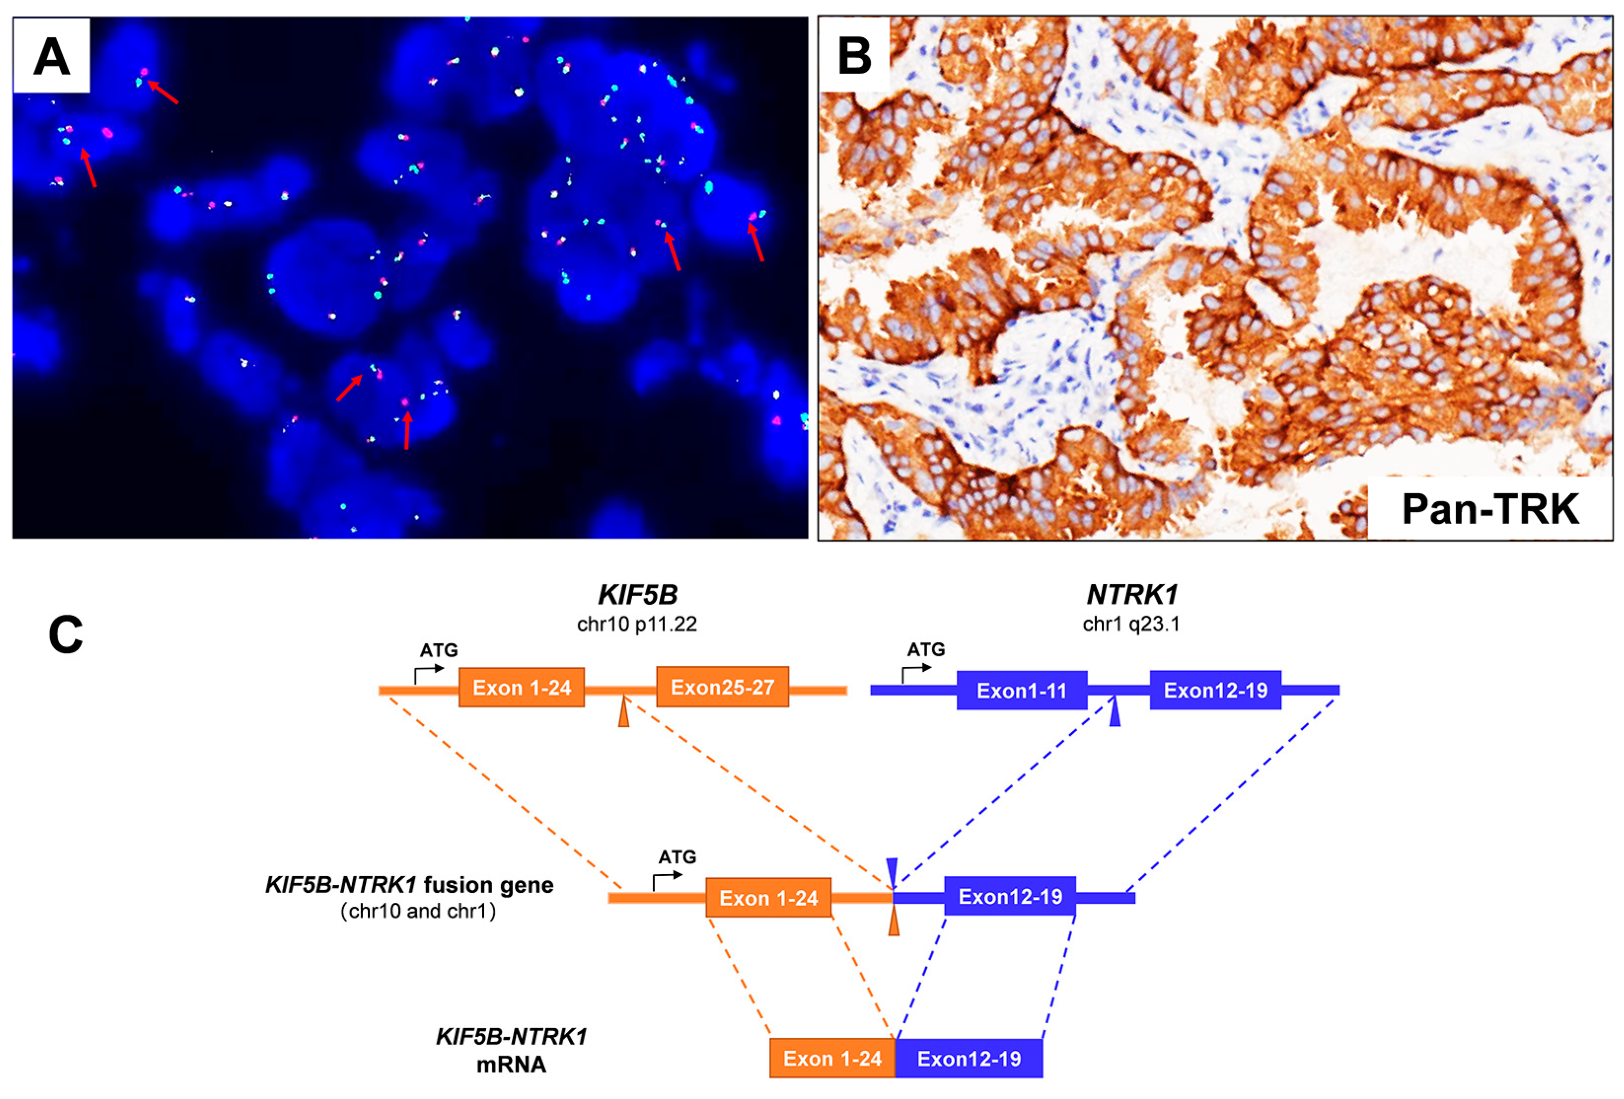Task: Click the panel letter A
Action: pyautogui.click(x=51, y=56)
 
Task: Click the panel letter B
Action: pyautogui.click(x=854, y=56)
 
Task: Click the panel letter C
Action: pyautogui.click(x=66, y=634)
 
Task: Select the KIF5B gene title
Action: pyautogui.click(x=637, y=594)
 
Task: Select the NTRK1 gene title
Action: pyautogui.click(x=1131, y=594)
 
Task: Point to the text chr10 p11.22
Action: pyautogui.click(x=637, y=624)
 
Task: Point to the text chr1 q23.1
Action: pyautogui.click(x=1131, y=624)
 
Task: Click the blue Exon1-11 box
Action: pyautogui.click(x=1021, y=691)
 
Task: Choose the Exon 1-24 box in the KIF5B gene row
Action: pyautogui.click(x=521, y=688)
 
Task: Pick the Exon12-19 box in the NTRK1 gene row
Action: pyautogui.click(x=1215, y=690)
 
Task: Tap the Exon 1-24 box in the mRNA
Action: pyautogui.click(x=832, y=1058)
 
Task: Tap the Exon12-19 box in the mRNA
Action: pyautogui.click(x=968, y=1058)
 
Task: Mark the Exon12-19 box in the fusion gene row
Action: pyautogui.click(x=1010, y=896)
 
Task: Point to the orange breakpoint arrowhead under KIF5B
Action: pyautogui.click(x=623, y=715)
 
